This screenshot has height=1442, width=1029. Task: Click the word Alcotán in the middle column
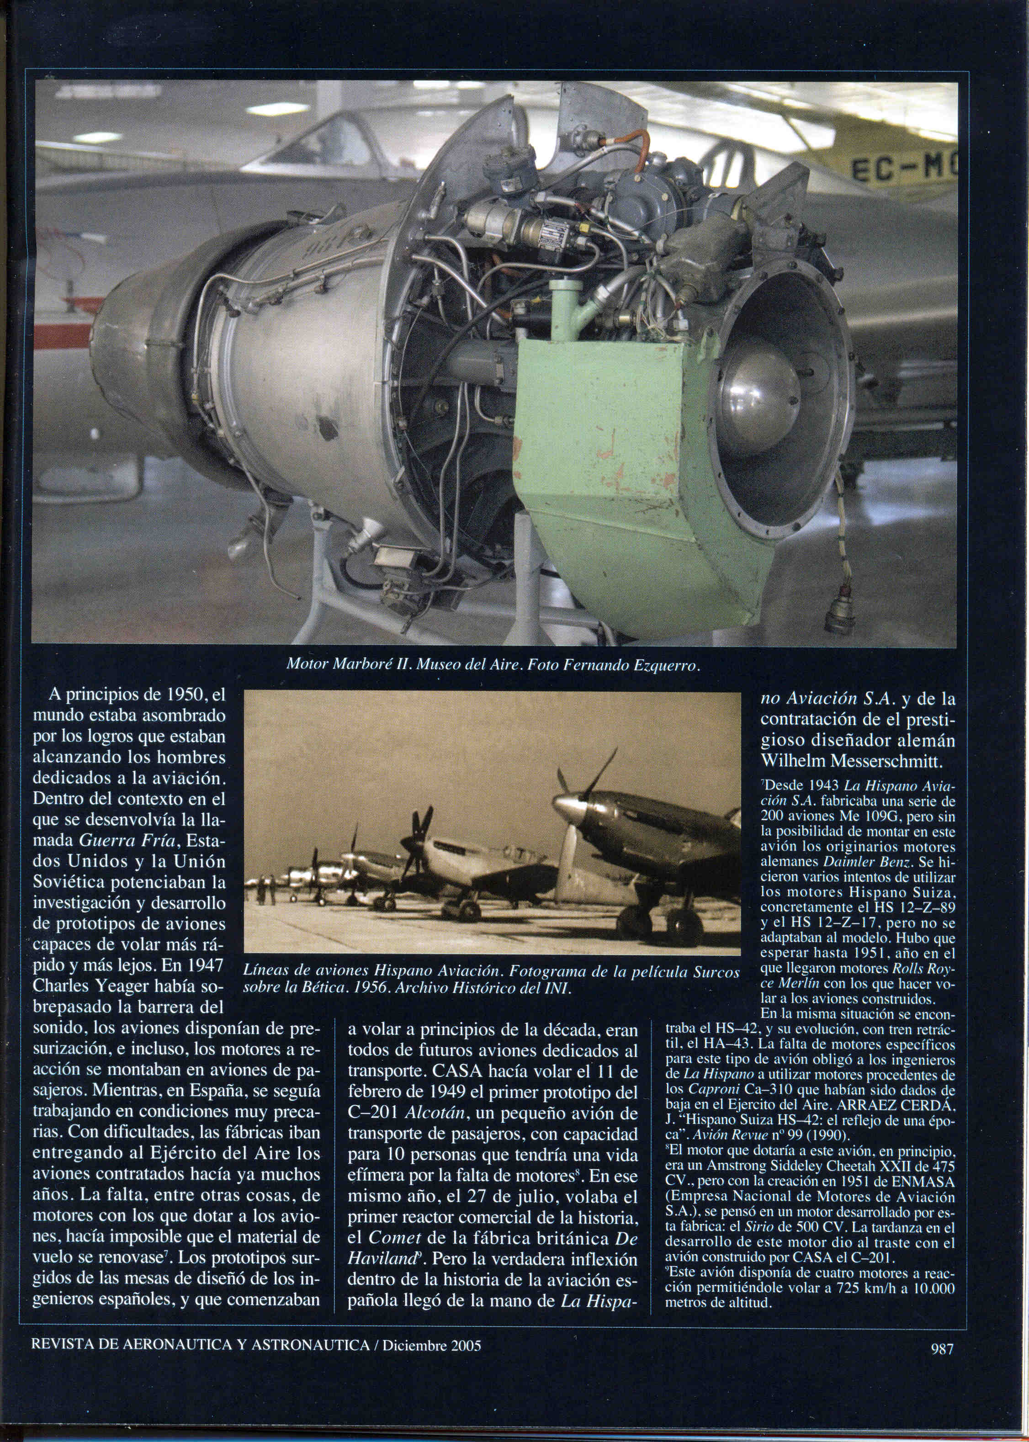[x=433, y=1113]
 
